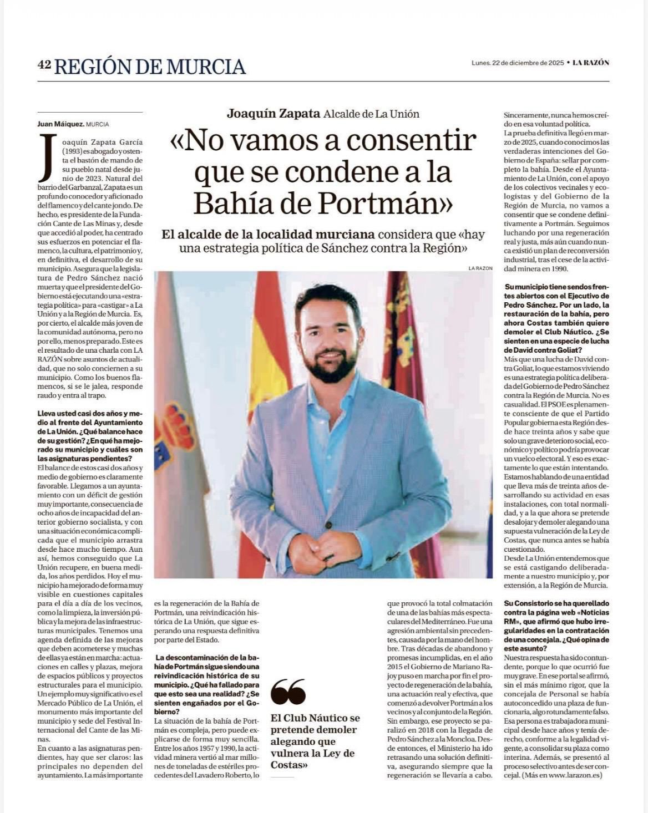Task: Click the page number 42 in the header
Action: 44,65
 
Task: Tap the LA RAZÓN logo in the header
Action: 591,63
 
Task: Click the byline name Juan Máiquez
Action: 60,124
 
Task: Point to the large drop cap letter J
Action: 48,157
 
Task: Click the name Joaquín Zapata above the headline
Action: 274,114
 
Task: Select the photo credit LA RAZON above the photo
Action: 480,268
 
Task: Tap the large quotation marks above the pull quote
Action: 288,692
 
